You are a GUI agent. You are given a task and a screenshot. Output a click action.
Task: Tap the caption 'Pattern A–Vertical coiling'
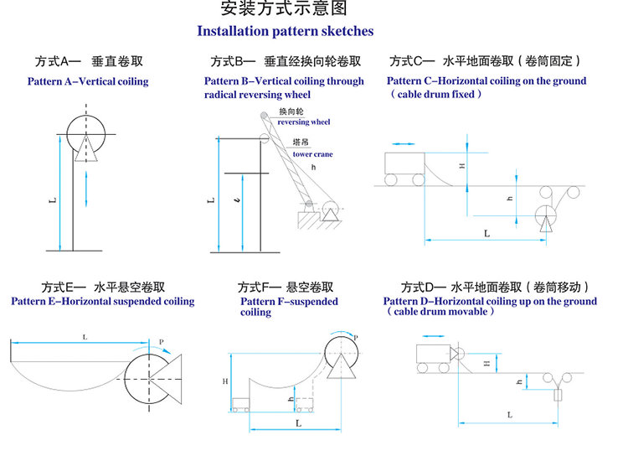pos(88,81)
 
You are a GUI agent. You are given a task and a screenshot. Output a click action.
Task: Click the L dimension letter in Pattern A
pos(53,200)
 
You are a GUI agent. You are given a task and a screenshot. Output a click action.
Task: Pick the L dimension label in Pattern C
pos(486,234)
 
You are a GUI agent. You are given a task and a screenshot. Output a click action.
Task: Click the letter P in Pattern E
pos(161,342)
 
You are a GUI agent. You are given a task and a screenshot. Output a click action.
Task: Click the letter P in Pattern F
pos(355,338)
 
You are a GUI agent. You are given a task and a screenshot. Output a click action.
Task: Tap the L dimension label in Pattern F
pos(298,424)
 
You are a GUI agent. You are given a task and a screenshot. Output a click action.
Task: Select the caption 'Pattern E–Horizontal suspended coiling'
pos(103,302)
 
